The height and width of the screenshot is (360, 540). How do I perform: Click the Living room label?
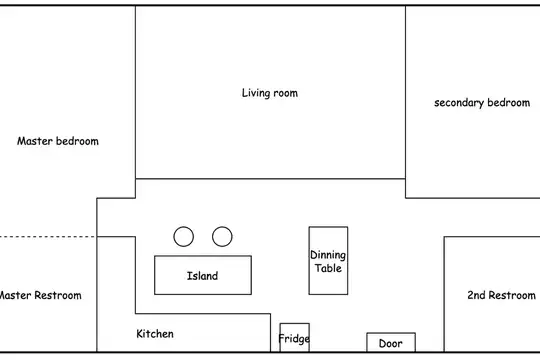(270, 93)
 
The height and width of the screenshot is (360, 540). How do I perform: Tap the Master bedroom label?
(58, 141)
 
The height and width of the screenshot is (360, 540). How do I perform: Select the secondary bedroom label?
(482, 103)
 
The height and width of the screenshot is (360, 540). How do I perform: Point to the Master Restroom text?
(40, 295)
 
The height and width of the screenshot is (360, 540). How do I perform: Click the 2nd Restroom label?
(501, 295)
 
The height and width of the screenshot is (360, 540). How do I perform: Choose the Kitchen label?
(155, 333)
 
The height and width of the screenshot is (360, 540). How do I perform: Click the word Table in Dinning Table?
(328, 268)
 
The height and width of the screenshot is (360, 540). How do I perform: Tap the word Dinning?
(328, 255)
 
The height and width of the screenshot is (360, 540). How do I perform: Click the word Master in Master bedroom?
(35, 141)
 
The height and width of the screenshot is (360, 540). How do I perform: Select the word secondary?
(459, 103)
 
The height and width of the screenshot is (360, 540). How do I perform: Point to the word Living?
(256, 93)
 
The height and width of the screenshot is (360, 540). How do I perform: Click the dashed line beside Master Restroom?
(48, 237)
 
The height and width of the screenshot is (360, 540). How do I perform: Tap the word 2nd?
(476, 295)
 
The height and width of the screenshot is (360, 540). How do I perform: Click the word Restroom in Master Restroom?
(58, 295)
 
